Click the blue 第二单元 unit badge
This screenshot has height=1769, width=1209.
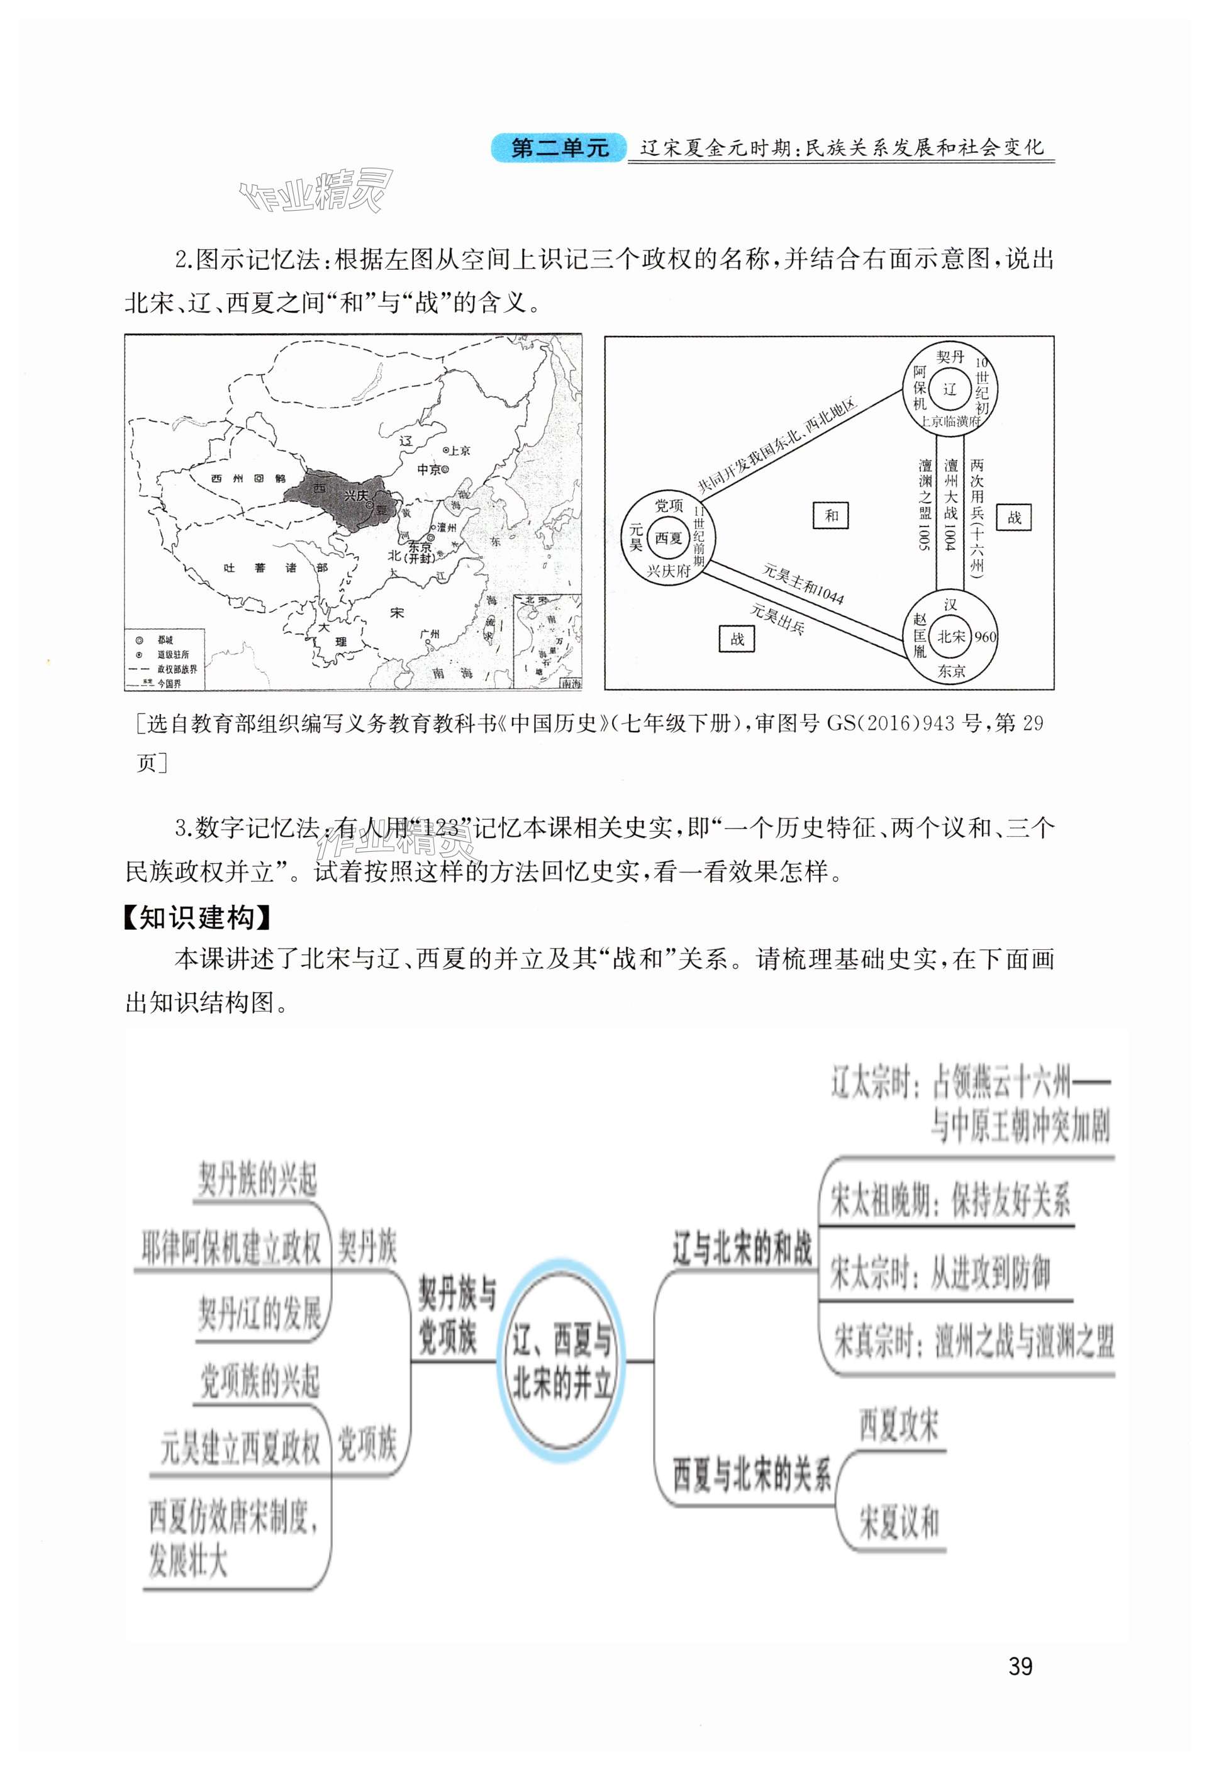[560, 148]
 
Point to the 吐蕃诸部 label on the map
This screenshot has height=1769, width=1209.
[275, 568]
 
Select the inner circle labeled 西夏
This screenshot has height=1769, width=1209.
[669, 538]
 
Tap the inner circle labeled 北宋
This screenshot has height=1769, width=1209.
[950, 637]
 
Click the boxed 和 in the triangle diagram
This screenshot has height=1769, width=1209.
[832, 515]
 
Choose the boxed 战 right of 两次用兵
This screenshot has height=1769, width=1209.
[1014, 518]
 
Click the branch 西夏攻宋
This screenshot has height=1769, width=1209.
[898, 1425]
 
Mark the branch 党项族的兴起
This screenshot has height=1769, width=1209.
[259, 1380]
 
